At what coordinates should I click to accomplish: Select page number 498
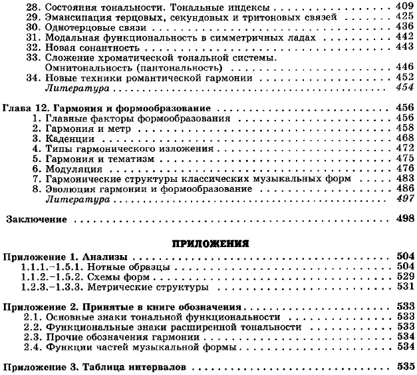tap(405, 218)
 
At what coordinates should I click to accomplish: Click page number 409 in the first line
tap(404, 5)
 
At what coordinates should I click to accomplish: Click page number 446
tap(405, 69)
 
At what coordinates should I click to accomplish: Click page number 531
tap(405, 288)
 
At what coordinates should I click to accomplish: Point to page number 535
tap(405, 366)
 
